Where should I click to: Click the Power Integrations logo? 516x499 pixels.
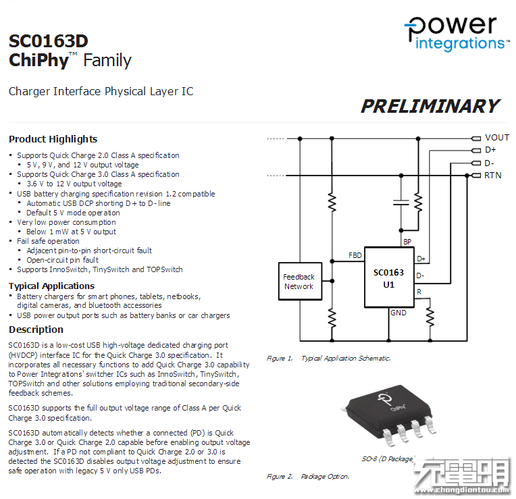click(x=456, y=33)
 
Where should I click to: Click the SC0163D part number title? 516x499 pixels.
click(x=49, y=41)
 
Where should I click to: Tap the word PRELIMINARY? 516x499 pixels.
click(x=430, y=107)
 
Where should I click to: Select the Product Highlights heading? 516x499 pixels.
click(x=53, y=139)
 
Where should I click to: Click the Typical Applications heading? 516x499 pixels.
click(x=51, y=286)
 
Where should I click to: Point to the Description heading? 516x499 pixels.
click(x=36, y=330)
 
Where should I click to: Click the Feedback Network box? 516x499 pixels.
click(x=299, y=282)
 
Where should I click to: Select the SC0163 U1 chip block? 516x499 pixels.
click(x=389, y=278)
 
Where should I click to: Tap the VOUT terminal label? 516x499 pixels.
click(x=497, y=138)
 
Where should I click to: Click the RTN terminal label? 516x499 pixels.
click(x=493, y=176)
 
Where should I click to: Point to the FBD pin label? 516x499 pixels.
click(x=355, y=255)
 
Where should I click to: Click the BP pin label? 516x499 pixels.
click(x=407, y=241)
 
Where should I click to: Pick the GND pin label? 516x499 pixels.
click(x=398, y=313)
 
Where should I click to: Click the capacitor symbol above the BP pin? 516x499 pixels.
click(x=401, y=201)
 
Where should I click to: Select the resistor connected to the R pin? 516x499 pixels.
click(x=430, y=316)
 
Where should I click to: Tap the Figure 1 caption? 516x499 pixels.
click(x=328, y=359)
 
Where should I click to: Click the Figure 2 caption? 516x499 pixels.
click(x=307, y=477)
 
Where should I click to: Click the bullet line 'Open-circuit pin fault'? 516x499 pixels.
click(x=62, y=260)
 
